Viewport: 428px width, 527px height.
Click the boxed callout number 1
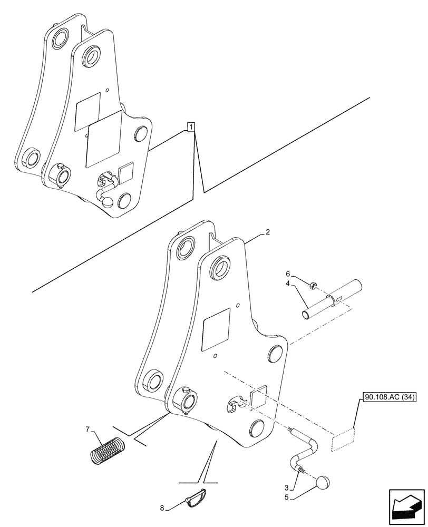(191, 126)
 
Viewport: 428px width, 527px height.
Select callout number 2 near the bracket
(268, 232)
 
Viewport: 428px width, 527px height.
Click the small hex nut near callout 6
(312, 287)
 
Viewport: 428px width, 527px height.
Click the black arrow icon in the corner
(406, 507)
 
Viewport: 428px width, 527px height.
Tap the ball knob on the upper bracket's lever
(107, 200)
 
